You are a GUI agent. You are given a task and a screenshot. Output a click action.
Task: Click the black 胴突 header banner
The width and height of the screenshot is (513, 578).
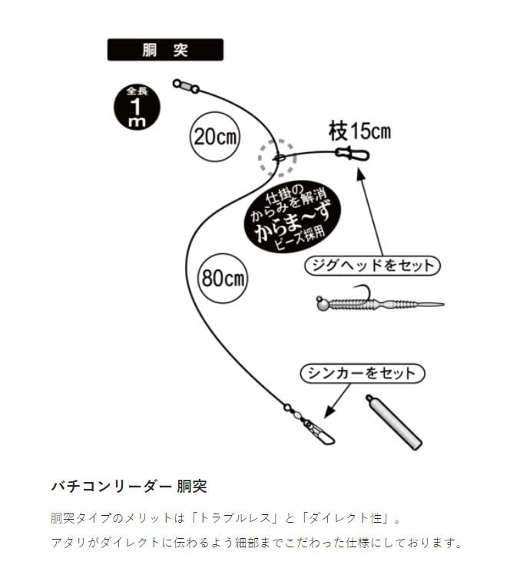coord(165,50)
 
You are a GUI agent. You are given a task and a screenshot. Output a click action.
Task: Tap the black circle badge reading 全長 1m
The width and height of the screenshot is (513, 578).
coord(137,107)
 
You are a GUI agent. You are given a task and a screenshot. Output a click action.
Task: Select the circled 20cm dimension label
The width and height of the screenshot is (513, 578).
coord(214,137)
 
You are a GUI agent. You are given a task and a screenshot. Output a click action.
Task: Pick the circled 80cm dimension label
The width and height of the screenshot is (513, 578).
coord(223,278)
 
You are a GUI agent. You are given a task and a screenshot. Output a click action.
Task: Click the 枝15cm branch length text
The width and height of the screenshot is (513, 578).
coord(359,131)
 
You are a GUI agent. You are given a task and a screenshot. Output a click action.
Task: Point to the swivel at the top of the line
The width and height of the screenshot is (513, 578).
coord(187,86)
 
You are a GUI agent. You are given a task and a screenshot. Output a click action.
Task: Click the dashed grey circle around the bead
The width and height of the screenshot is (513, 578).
coord(277,158)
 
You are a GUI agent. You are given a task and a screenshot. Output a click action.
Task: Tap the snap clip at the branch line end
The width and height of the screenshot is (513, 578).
coord(352,154)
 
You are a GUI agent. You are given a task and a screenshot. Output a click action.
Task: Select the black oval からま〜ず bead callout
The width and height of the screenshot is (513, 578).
coord(293,216)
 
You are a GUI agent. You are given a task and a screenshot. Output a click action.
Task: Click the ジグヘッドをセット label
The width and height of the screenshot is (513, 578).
coord(372,266)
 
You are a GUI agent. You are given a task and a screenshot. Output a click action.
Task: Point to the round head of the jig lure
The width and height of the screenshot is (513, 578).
coord(323,303)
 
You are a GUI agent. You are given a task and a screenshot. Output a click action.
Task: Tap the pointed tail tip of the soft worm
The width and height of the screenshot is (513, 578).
coord(443,305)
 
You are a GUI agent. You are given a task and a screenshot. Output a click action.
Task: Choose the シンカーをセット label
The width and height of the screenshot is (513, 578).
coord(362,373)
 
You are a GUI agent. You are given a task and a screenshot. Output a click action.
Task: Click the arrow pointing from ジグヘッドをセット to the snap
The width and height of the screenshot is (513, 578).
coord(370,211)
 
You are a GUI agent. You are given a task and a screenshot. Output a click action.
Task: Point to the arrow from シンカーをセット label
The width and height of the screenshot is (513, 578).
coord(337,401)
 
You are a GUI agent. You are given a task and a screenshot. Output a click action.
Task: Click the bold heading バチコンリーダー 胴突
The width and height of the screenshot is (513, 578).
coord(129,486)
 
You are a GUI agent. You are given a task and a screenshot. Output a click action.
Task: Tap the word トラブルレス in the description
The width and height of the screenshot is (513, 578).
coord(234,518)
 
